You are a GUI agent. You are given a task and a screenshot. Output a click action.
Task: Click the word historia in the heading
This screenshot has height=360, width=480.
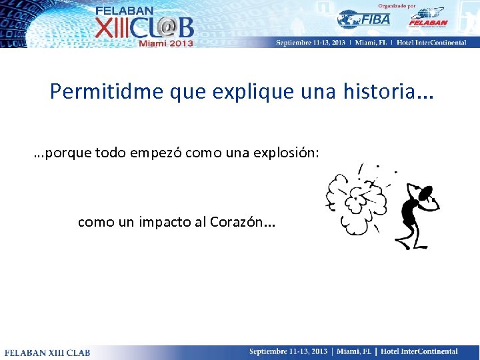click(x=378, y=91)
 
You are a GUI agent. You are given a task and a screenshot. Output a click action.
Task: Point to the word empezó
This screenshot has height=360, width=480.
click(x=155, y=154)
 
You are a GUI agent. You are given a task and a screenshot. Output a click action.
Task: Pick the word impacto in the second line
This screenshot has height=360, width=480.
click(x=165, y=222)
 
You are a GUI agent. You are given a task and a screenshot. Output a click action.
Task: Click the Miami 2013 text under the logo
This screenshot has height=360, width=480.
click(x=165, y=43)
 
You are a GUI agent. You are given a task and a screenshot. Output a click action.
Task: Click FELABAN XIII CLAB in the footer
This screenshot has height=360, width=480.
click(x=47, y=352)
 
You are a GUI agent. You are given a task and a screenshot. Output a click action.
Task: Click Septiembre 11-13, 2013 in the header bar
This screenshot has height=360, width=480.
click(x=311, y=43)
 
